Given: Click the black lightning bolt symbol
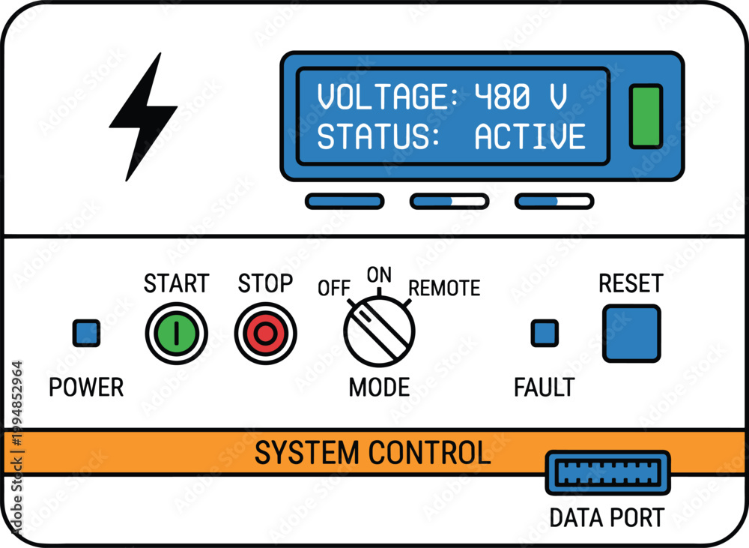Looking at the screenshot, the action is click(143, 117).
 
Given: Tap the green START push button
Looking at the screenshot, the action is click(176, 334).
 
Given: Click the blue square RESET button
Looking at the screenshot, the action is click(631, 334).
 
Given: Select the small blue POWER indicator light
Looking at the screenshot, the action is click(86, 334).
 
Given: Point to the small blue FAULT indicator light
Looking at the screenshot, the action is click(545, 334).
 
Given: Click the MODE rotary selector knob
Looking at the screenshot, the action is click(379, 331).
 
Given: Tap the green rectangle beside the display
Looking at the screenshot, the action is click(646, 116).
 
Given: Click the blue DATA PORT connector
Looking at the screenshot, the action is click(607, 472).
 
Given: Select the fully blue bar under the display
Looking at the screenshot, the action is click(345, 202).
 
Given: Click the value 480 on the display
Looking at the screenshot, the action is click(502, 97).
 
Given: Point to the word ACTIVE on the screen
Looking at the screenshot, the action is click(530, 136).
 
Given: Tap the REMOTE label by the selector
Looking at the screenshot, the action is click(444, 288).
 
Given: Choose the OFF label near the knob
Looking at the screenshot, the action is click(334, 288).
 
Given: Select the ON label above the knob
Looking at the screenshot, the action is click(379, 275).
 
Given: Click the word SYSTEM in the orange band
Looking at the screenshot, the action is click(306, 452).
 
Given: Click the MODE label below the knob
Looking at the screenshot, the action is click(379, 387).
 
